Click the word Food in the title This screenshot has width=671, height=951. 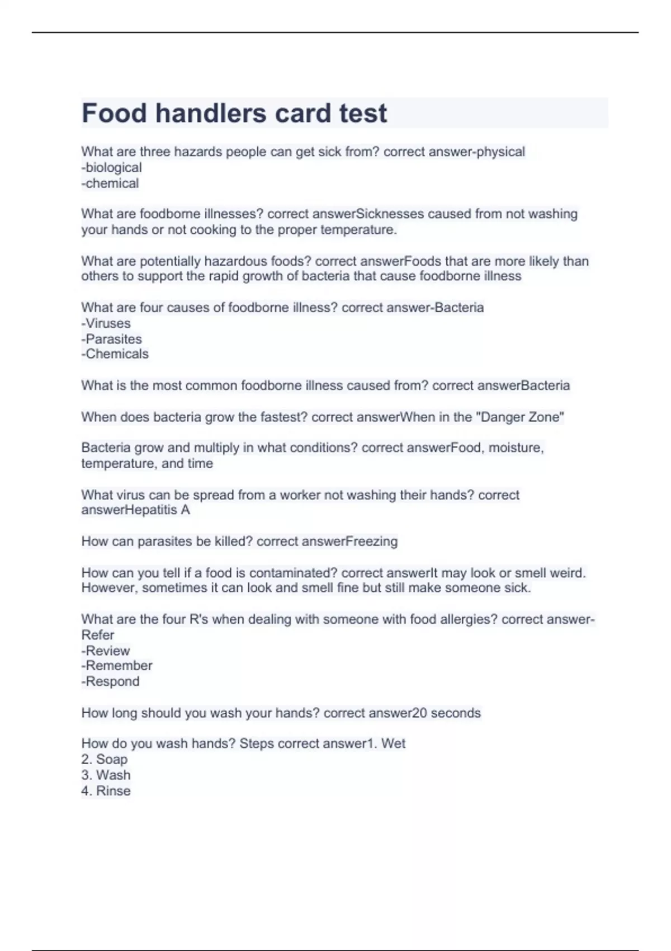pos(114,113)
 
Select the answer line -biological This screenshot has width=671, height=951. pos(111,167)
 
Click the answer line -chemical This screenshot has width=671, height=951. pos(110,183)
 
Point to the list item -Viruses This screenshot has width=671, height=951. pos(106,323)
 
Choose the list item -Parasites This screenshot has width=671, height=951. pos(111,339)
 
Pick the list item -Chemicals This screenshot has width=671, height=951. pos(115,354)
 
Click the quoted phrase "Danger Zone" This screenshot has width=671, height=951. pos(519,417)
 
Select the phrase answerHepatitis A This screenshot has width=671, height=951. pos(135,510)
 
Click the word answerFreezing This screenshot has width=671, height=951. pos(349,542)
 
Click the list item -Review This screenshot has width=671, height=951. pos(105,651)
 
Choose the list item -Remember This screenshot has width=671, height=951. pos(116,666)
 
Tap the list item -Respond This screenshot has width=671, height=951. pos(110,681)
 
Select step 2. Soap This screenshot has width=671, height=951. pos(104,759)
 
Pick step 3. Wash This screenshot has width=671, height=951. pos(106,775)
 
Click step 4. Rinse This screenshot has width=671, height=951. pos(106,790)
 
